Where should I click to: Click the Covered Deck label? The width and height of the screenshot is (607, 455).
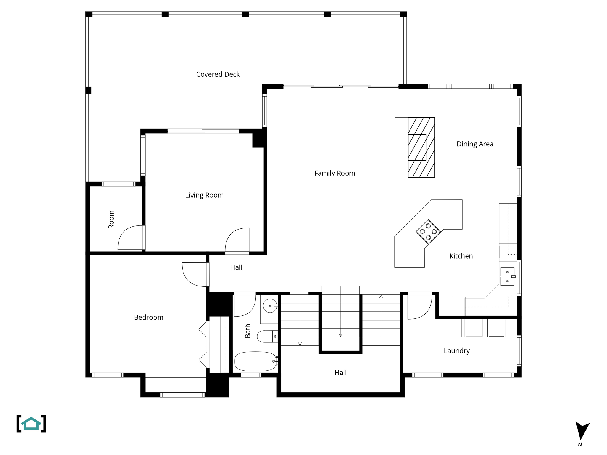tap(218, 74)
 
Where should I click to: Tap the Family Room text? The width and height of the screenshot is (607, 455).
tap(335, 173)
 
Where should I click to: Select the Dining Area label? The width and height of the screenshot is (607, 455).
tap(475, 144)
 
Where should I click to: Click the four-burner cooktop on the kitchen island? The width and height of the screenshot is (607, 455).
tap(428, 232)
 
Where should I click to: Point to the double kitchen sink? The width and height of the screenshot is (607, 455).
tap(507, 276)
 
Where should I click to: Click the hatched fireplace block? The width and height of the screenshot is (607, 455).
tap(421, 147)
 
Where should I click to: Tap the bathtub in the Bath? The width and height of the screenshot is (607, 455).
tap(255, 361)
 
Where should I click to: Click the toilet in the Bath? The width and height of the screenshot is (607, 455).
tap(267, 337)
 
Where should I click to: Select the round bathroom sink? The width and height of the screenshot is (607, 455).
tap(270, 306)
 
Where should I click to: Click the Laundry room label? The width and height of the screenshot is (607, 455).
tap(456, 351)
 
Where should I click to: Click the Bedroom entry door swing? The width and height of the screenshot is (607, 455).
tap(193, 274)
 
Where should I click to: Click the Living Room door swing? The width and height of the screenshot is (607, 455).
tap(237, 240)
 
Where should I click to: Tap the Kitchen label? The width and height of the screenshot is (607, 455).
tap(461, 256)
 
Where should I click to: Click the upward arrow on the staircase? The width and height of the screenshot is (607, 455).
tap(381, 297)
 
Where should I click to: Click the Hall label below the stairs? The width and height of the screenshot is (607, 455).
tap(340, 373)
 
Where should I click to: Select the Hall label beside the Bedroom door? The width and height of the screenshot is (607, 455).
tap(236, 267)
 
